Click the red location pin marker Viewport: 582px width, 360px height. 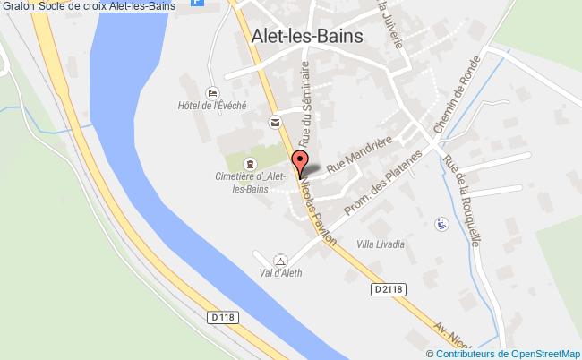302,163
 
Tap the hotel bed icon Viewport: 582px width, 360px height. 212,92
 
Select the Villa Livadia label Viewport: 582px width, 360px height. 381,244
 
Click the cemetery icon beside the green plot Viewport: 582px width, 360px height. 249,163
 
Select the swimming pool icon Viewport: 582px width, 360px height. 440,223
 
